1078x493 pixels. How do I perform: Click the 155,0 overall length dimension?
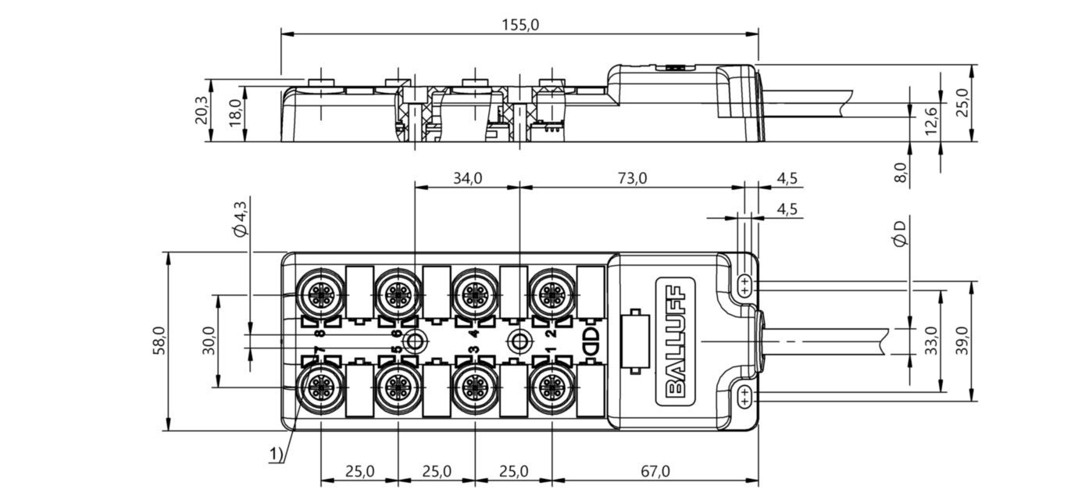click(x=521, y=25)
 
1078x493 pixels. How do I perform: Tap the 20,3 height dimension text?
click(x=202, y=110)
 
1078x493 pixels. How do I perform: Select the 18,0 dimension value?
click(x=235, y=113)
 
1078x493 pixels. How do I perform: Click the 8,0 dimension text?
click(x=901, y=173)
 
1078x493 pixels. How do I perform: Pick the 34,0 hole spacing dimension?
click(x=467, y=179)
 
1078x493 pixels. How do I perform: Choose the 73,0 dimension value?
click(x=633, y=179)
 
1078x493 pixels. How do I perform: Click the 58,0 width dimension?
click(x=159, y=341)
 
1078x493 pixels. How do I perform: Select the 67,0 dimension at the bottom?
click(x=655, y=471)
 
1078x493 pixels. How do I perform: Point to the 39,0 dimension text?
click(x=962, y=341)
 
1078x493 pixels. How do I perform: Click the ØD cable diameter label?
click(x=899, y=234)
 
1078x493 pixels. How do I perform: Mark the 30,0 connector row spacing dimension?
click(x=209, y=341)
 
